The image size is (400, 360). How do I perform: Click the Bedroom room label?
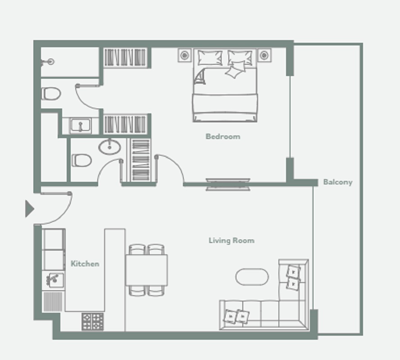223,136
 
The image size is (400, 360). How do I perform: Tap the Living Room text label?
231,240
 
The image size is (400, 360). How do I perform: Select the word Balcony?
337,182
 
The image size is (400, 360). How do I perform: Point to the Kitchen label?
85,264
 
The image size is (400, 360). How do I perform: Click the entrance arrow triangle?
29,209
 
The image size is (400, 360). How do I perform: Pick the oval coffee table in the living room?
252,276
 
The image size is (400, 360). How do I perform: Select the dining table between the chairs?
146,270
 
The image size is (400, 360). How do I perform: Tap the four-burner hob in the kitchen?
92,321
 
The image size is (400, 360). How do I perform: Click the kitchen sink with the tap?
54,280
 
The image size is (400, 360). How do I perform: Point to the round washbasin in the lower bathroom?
109,146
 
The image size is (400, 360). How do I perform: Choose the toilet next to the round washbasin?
82,160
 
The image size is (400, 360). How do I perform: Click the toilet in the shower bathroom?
51,94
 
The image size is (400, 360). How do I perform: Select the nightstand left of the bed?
184,55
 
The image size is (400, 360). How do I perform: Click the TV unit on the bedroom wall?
228,184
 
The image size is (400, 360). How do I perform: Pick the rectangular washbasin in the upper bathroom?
81,125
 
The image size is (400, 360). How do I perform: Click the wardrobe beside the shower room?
125,58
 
